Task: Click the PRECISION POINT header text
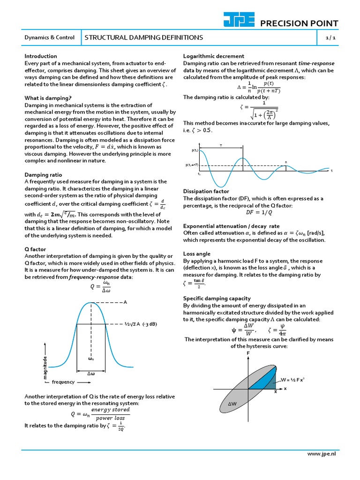coord(299,24)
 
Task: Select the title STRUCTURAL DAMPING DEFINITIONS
coord(143,37)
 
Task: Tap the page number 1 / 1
coord(330,37)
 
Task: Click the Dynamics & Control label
coord(49,37)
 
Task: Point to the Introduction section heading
coord(41,56)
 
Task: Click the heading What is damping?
coord(48,98)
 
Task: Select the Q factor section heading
coord(35,249)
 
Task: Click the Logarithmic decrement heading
coord(213,56)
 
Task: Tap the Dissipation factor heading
coord(206,191)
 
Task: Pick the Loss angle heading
coord(196,254)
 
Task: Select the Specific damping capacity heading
coord(217,298)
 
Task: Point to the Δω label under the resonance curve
coord(91,374)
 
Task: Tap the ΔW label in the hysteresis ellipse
coord(232,404)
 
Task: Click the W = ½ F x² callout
coord(293,380)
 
